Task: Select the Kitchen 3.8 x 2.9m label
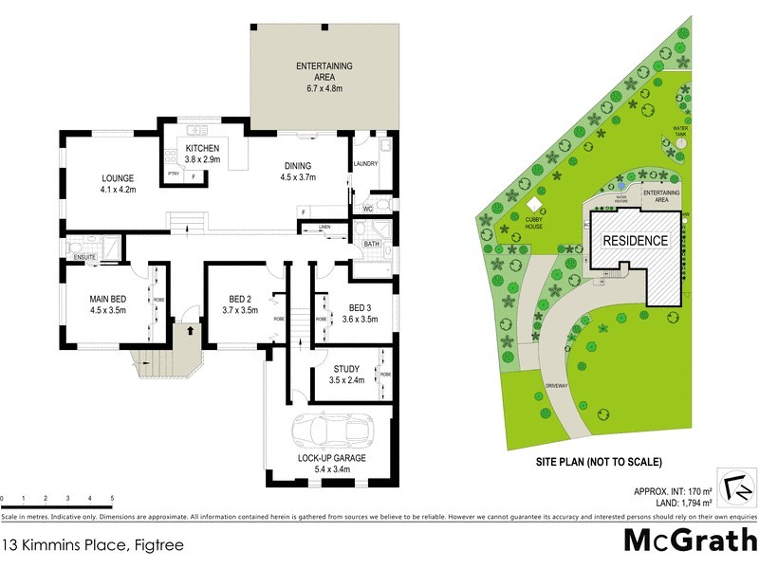coord(202,155)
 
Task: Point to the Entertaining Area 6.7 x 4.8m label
coord(324,77)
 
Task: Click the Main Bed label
coord(107,303)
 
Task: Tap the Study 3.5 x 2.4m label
coord(345,374)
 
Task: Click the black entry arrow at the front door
coord(190,331)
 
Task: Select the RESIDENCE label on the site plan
coord(635,241)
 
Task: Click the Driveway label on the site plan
coord(556,386)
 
